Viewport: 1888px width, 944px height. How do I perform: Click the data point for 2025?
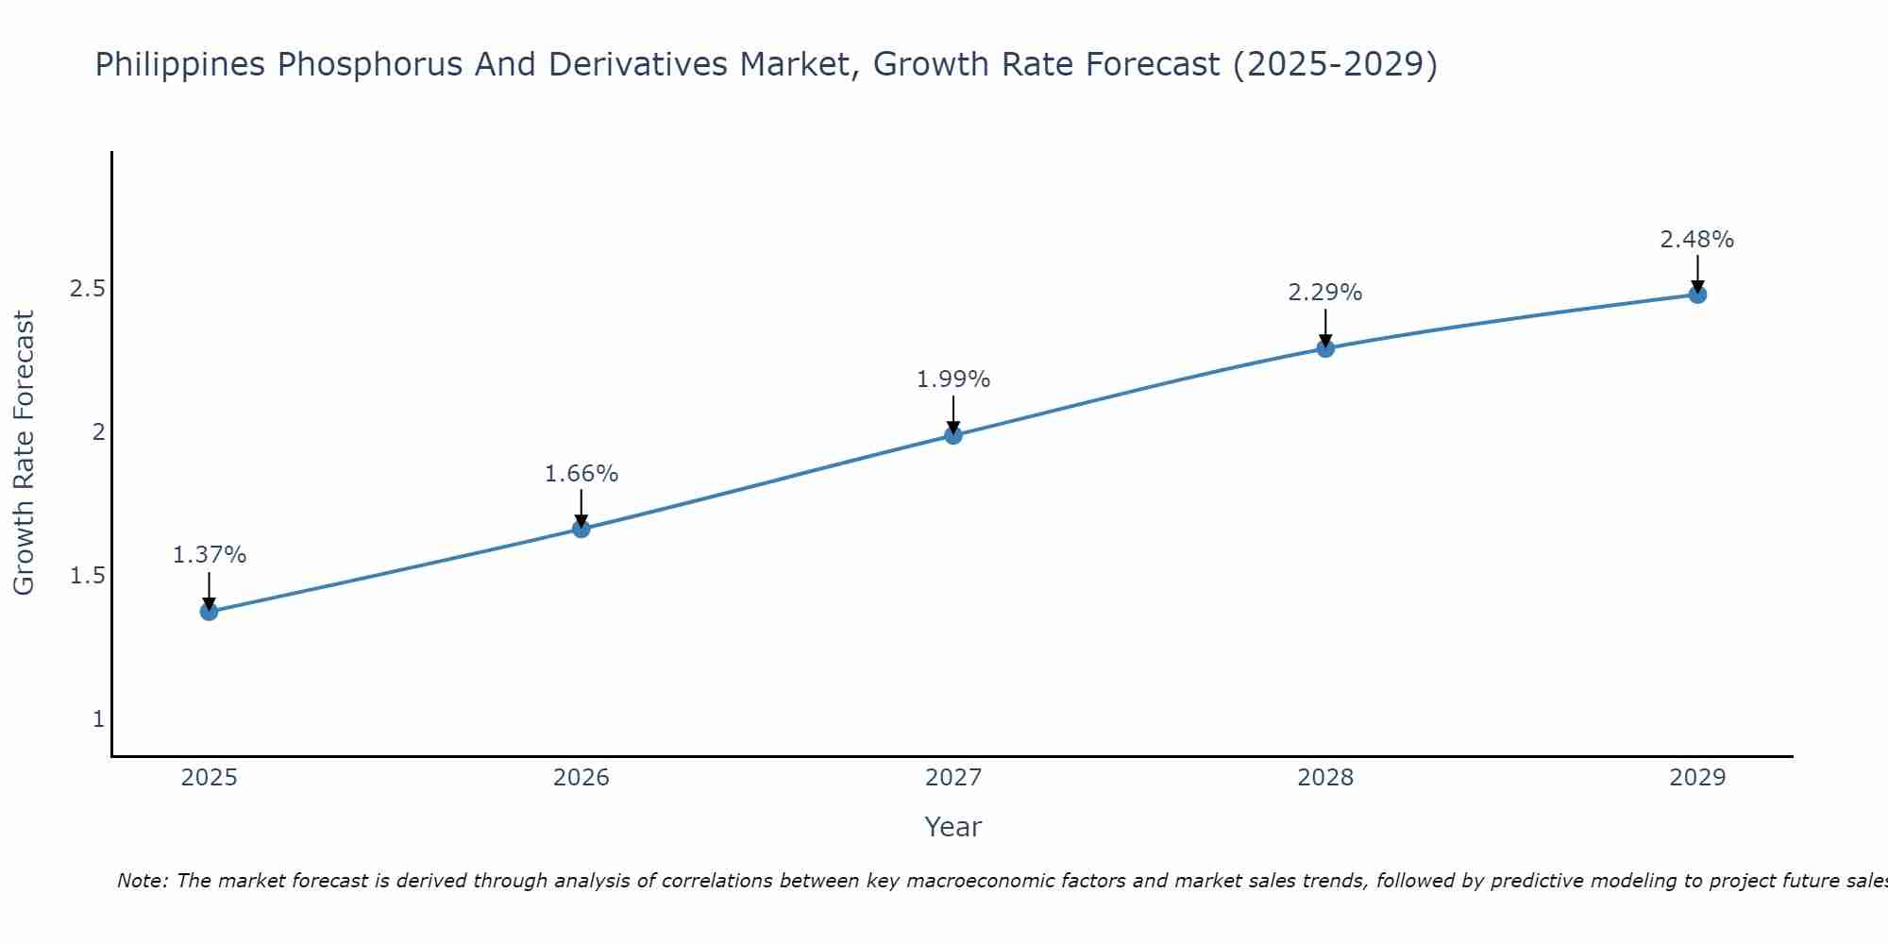pos(209,612)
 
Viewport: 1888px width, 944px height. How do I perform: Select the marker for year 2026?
pos(582,529)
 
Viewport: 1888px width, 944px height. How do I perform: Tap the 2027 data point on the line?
pos(953,435)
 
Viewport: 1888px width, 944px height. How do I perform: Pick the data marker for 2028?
pos(1325,348)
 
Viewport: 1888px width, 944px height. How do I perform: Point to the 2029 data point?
pos(1697,295)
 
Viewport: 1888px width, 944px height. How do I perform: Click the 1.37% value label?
pos(209,555)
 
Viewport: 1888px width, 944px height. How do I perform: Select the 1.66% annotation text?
pos(582,474)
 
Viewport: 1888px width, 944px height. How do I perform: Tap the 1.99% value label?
pos(953,379)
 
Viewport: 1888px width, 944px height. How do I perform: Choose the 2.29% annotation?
pos(1325,293)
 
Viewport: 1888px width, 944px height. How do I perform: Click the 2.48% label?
pos(1697,240)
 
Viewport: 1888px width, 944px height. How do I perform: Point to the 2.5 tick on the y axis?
pos(87,289)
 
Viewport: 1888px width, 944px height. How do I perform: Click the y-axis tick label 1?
pos(98,719)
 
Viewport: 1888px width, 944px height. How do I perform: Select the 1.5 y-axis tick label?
pos(87,576)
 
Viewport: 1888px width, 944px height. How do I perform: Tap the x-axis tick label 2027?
pos(953,778)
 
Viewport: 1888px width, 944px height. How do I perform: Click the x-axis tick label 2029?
pos(1697,778)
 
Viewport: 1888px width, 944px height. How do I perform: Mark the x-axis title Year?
pos(953,827)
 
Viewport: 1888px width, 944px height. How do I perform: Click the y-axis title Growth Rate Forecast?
pos(25,453)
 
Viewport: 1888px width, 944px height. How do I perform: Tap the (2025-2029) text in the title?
pos(1335,64)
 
